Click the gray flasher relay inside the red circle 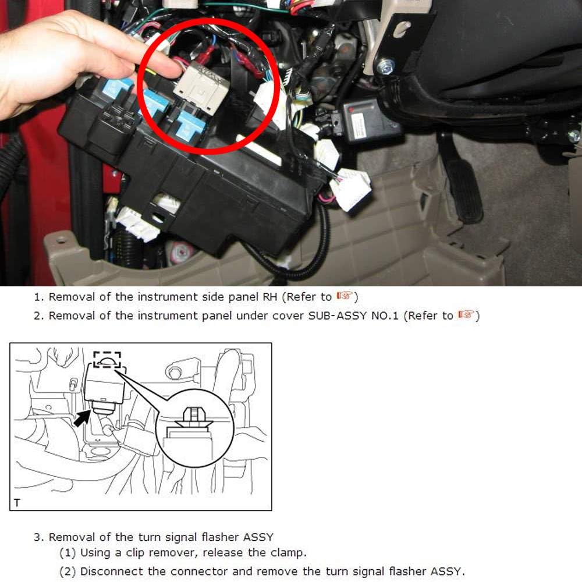tap(201, 87)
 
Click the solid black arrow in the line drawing tap(81, 418)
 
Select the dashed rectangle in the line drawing tap(107, 359)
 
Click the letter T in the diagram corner tap(17, 503)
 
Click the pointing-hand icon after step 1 tap(345, 296)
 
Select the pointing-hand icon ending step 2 tap(467, 314)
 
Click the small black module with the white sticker tap(368, 120)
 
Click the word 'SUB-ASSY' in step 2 tap(338, 316)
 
